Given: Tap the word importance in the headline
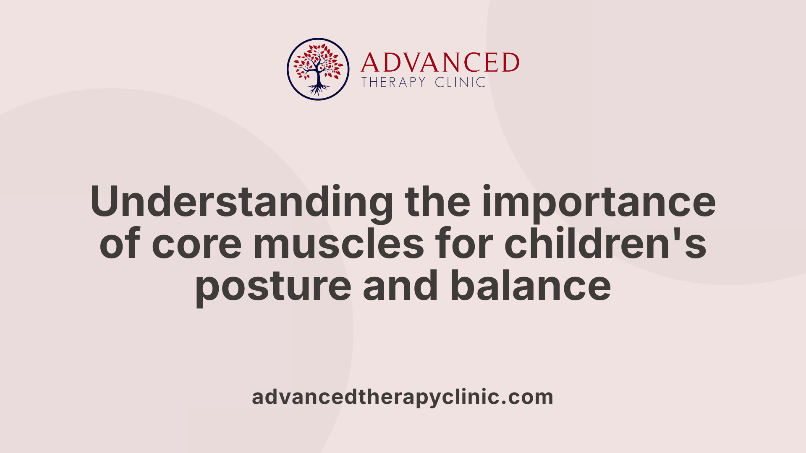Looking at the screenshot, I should [x=599, y=202].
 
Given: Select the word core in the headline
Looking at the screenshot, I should [x=196, y=244].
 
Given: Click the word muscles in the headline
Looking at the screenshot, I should [x=339, y=244].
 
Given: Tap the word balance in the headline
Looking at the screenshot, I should [x=531, y=286].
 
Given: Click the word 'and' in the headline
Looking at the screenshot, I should [x=400, y=286].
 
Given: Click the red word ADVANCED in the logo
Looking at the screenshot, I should [x=440, y=63].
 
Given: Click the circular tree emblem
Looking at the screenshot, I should [x=318, y=69].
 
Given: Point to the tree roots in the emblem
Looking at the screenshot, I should [x=318, y=89].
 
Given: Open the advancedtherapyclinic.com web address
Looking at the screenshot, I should [x=403, y=397].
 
